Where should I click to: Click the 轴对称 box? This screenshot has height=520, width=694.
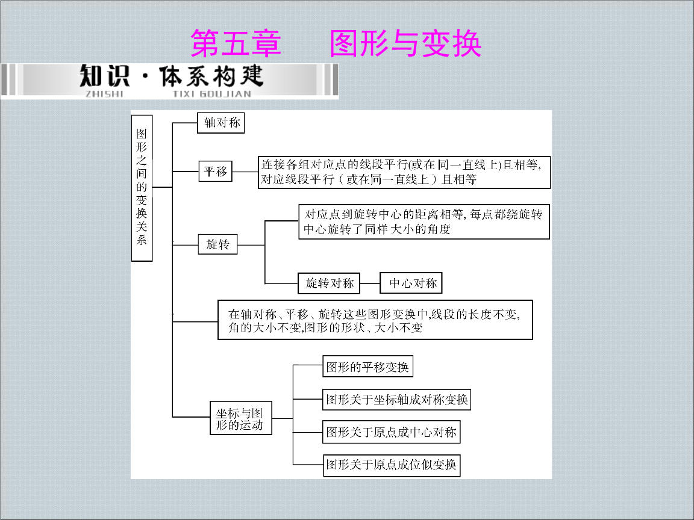point(221,123)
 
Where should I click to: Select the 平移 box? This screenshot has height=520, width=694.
point(216,171)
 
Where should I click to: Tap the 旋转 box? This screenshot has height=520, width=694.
point(217,244)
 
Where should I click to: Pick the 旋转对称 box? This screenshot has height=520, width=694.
point(329,283)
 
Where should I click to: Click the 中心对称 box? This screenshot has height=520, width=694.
point(411,283)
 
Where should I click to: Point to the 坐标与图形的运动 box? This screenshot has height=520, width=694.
point(241,418)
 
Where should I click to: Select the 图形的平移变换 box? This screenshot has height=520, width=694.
point(368,367)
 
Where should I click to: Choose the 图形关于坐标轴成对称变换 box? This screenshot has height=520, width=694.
point(396,399)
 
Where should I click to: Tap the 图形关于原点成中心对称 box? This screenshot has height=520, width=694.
point(391,432)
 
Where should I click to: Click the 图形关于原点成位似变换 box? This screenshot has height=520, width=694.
point(392,465)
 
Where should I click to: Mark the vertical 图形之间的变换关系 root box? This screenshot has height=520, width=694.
point(142,188)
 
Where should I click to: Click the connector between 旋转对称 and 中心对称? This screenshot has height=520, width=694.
point(370,283)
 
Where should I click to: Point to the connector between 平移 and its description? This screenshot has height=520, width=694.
point(245,172)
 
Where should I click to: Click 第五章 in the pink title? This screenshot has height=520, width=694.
point(236,43)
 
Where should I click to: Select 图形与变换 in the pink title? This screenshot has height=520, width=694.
point(405,43)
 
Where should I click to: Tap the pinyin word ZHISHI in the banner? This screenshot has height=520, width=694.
point(104,94)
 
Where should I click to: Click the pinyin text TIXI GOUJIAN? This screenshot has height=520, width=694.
point(212,94)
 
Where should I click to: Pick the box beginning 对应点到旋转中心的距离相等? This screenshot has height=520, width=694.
point(424,221)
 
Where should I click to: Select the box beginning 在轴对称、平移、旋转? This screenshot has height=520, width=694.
point(375,320)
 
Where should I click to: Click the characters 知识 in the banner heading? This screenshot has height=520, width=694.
point(105,76)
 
